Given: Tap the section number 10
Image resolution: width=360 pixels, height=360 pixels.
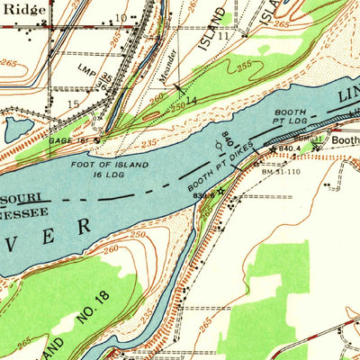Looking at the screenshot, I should [x=121, y=17].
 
